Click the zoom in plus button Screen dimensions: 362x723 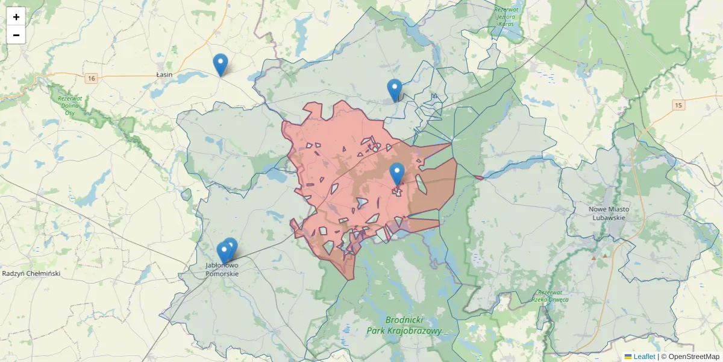pyautogui.click(x=16, y=17)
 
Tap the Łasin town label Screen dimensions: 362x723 pyautogui.click(x=164, y=75)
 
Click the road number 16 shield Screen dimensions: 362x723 pyautogui.click(x=91, y=78)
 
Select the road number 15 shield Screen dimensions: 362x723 pyautogui.click(x=679, y=106)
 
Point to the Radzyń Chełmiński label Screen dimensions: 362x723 pyautogui.click(x=31, y=273)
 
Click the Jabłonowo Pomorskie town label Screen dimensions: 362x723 pyautogui.click(x=222, y=270)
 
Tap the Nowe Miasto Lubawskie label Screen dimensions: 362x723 pyautogui.click(x=609, y=213)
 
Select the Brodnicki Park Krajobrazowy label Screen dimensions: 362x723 pyautogui.click(x=404, y=325)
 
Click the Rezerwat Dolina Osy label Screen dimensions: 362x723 pyautogui.click(x=70, y=105)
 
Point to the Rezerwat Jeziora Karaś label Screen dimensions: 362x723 pyautogui.click(x=506, y=16)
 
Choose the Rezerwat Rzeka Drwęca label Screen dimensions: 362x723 pyautogui.click(x=550, y=296)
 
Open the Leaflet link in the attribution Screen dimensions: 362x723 pyautogui.click(x=644, y=357)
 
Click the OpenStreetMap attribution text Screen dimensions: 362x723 pyautogui.click(x=690, y=357)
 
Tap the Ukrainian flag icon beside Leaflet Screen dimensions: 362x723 pyautogui.click(x=628, y=357)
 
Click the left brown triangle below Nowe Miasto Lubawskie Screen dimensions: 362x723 pyautogui.click(x=593, y=258)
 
